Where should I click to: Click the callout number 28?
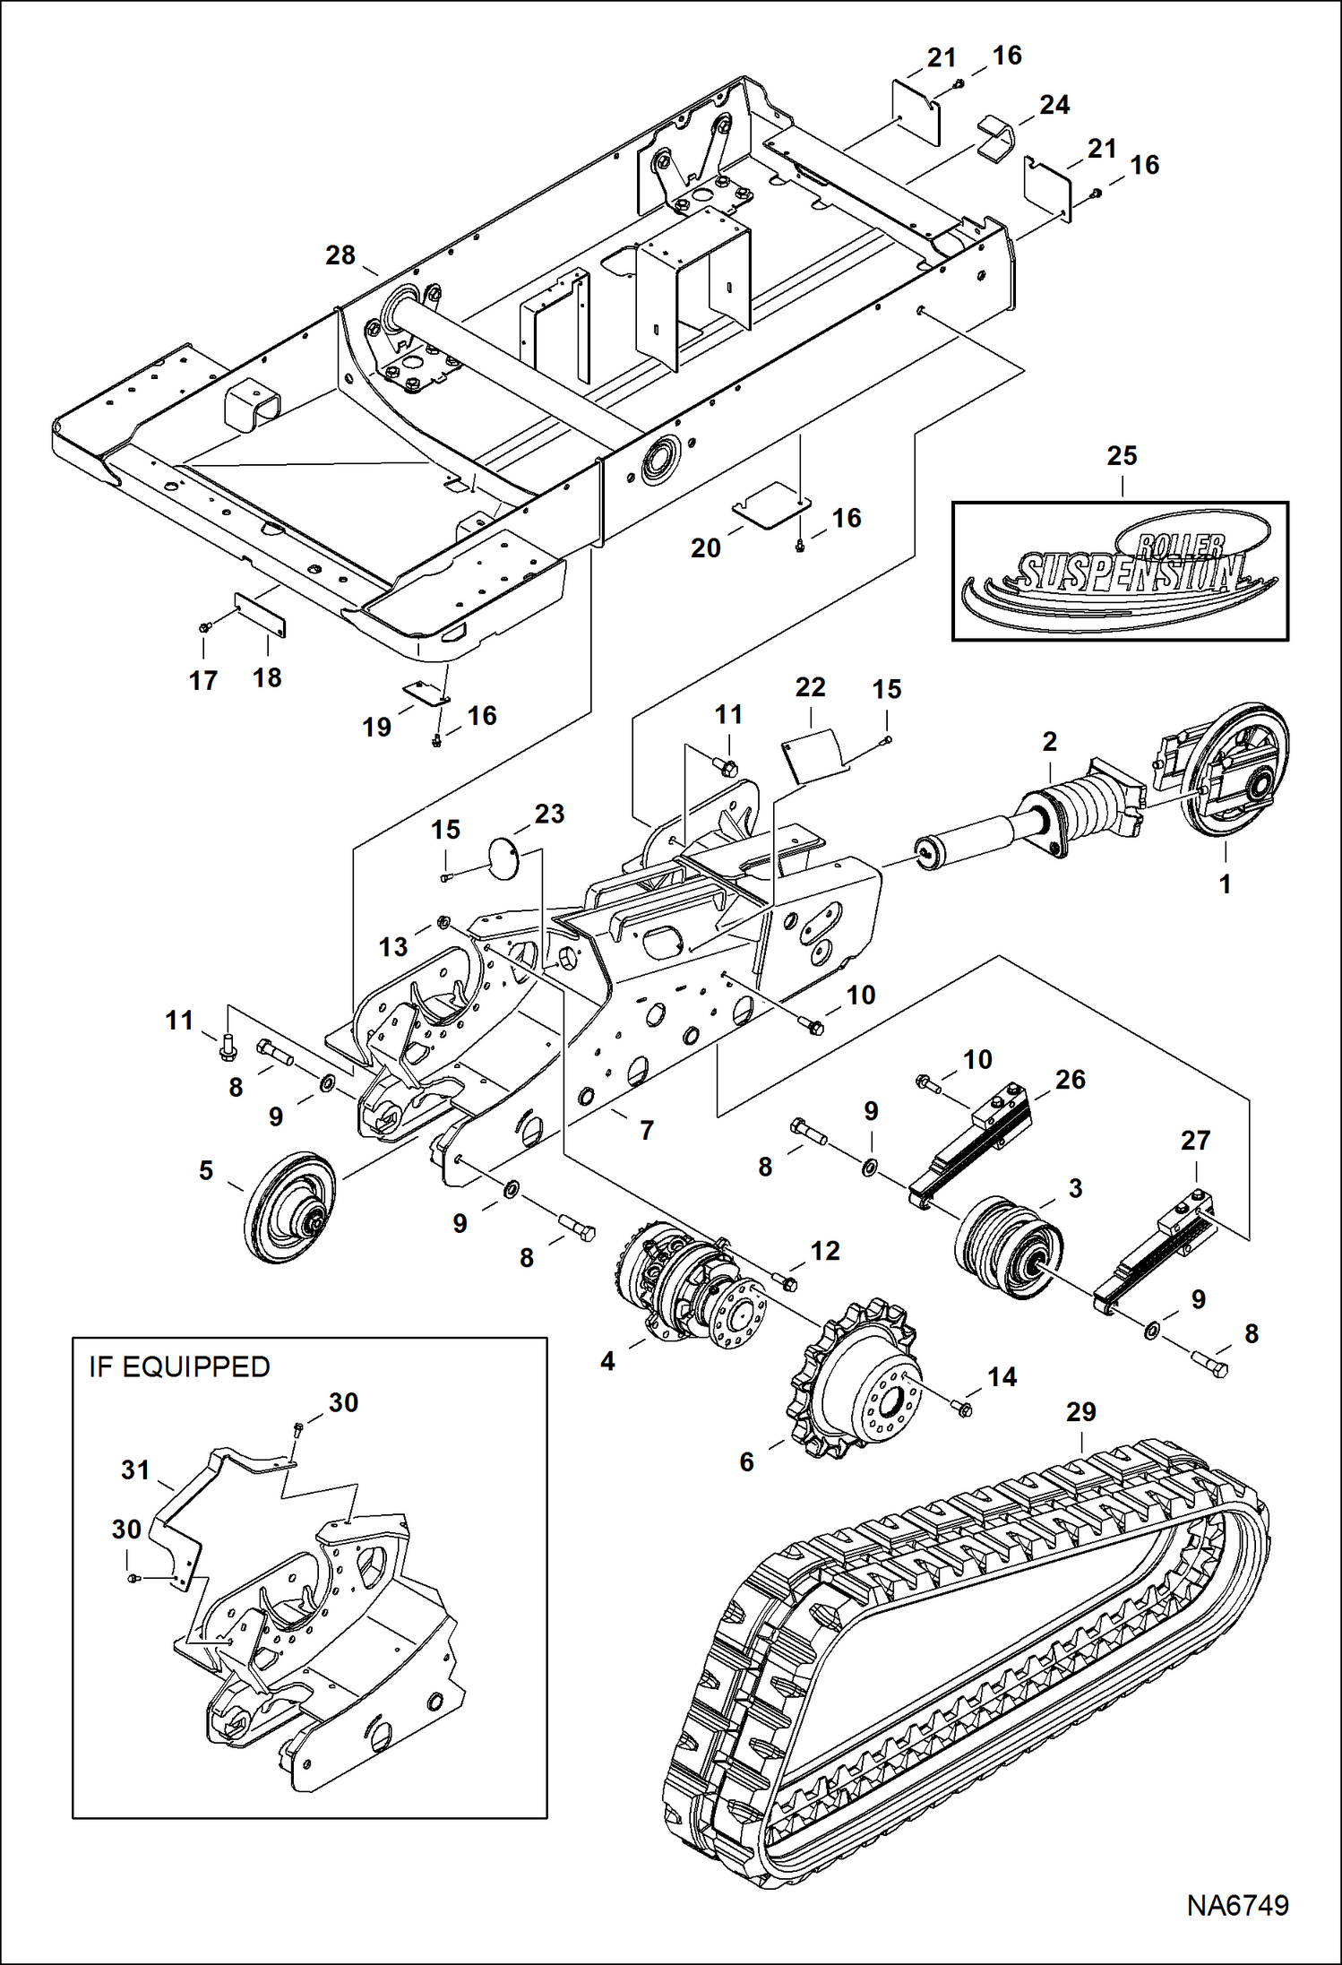click(340, 255)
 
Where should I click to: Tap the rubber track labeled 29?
click(968, 1658)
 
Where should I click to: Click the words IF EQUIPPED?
click(179, 1366)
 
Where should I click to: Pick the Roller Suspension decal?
click(1120, 571)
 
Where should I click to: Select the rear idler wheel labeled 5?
click(288, 1205)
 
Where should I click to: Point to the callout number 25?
click(1122, 455)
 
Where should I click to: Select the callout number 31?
click(135, 1469)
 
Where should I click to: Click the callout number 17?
click(203, 680)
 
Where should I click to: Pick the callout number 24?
click(1054, 105)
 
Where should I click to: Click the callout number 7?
click(647, 1130)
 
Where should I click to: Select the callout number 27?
click(1195, 1140)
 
